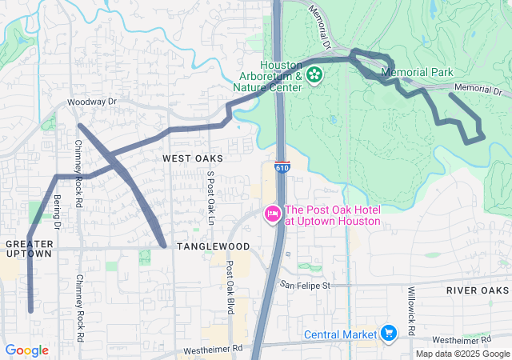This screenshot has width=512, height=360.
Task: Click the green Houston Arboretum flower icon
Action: [x=314, y=75]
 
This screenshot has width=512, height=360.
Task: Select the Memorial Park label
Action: [x=418, y=72]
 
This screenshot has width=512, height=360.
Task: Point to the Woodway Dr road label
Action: [x=92, y=102]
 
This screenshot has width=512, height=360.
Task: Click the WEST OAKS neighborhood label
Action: [x=192, y=158]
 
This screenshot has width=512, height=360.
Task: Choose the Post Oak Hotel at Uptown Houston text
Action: [x=331, y=215]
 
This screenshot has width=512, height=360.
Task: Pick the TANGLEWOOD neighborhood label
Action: [x=213, y=246]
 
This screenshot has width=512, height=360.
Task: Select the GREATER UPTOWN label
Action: [x=28, y=248]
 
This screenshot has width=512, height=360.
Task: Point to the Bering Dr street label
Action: [x=57, y=213]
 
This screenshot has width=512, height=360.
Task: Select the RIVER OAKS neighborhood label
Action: [x=478, y=290]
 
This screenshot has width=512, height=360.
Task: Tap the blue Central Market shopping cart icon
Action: [x=389, y=332]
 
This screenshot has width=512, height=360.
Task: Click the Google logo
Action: [x=26, y=350]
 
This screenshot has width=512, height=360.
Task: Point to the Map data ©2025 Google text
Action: [x=462, y=354]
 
